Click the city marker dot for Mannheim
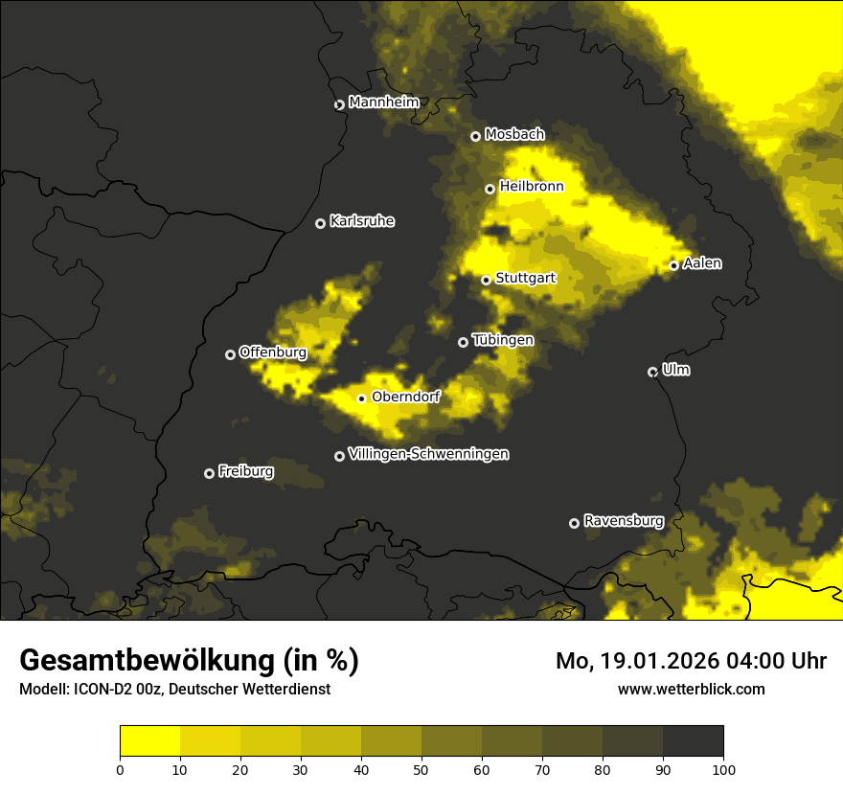click(x=339, y=105)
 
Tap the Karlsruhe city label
click(x=362, y=221)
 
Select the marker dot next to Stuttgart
click(x=487, y=280)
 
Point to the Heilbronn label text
click(x=532, y=187)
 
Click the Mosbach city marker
click(x=475, y=137)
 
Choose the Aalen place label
click(x=702, y=263)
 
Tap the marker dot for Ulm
click(x=653, y=372)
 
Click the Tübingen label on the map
click(x=503, y=340)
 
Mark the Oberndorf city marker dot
click(x=362, y=398)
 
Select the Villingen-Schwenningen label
click(x=428, y=454)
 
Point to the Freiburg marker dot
click(x=210, y=473)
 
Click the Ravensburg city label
click(x=624, y=521)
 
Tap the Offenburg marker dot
click(x=231, y=354)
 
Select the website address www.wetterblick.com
click(x=692, y=689)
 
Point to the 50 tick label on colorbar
click(x=421, y=768)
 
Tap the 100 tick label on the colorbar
click(x=723, y=768)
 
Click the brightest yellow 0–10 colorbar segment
click(x=150, y=741)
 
